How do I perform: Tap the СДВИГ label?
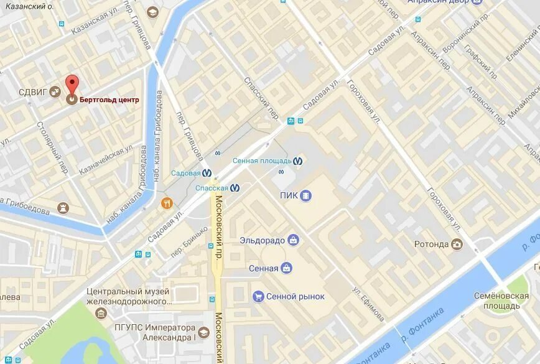tap(32, 92)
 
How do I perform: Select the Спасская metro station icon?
tap(235, 187)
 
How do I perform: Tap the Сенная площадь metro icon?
tap(299, 161)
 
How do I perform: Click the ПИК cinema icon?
tap(305, 196)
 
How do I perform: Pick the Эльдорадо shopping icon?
tap(293, 240)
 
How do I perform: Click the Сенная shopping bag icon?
tap(286, 268)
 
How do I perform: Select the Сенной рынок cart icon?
tap(258, 297)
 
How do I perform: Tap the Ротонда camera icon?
tap(457, 244)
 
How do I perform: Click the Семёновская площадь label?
tap(501, 301)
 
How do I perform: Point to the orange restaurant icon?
tap(167, 203)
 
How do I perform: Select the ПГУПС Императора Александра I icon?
tap(203, 332)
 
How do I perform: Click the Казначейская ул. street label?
tap(107, 159)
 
